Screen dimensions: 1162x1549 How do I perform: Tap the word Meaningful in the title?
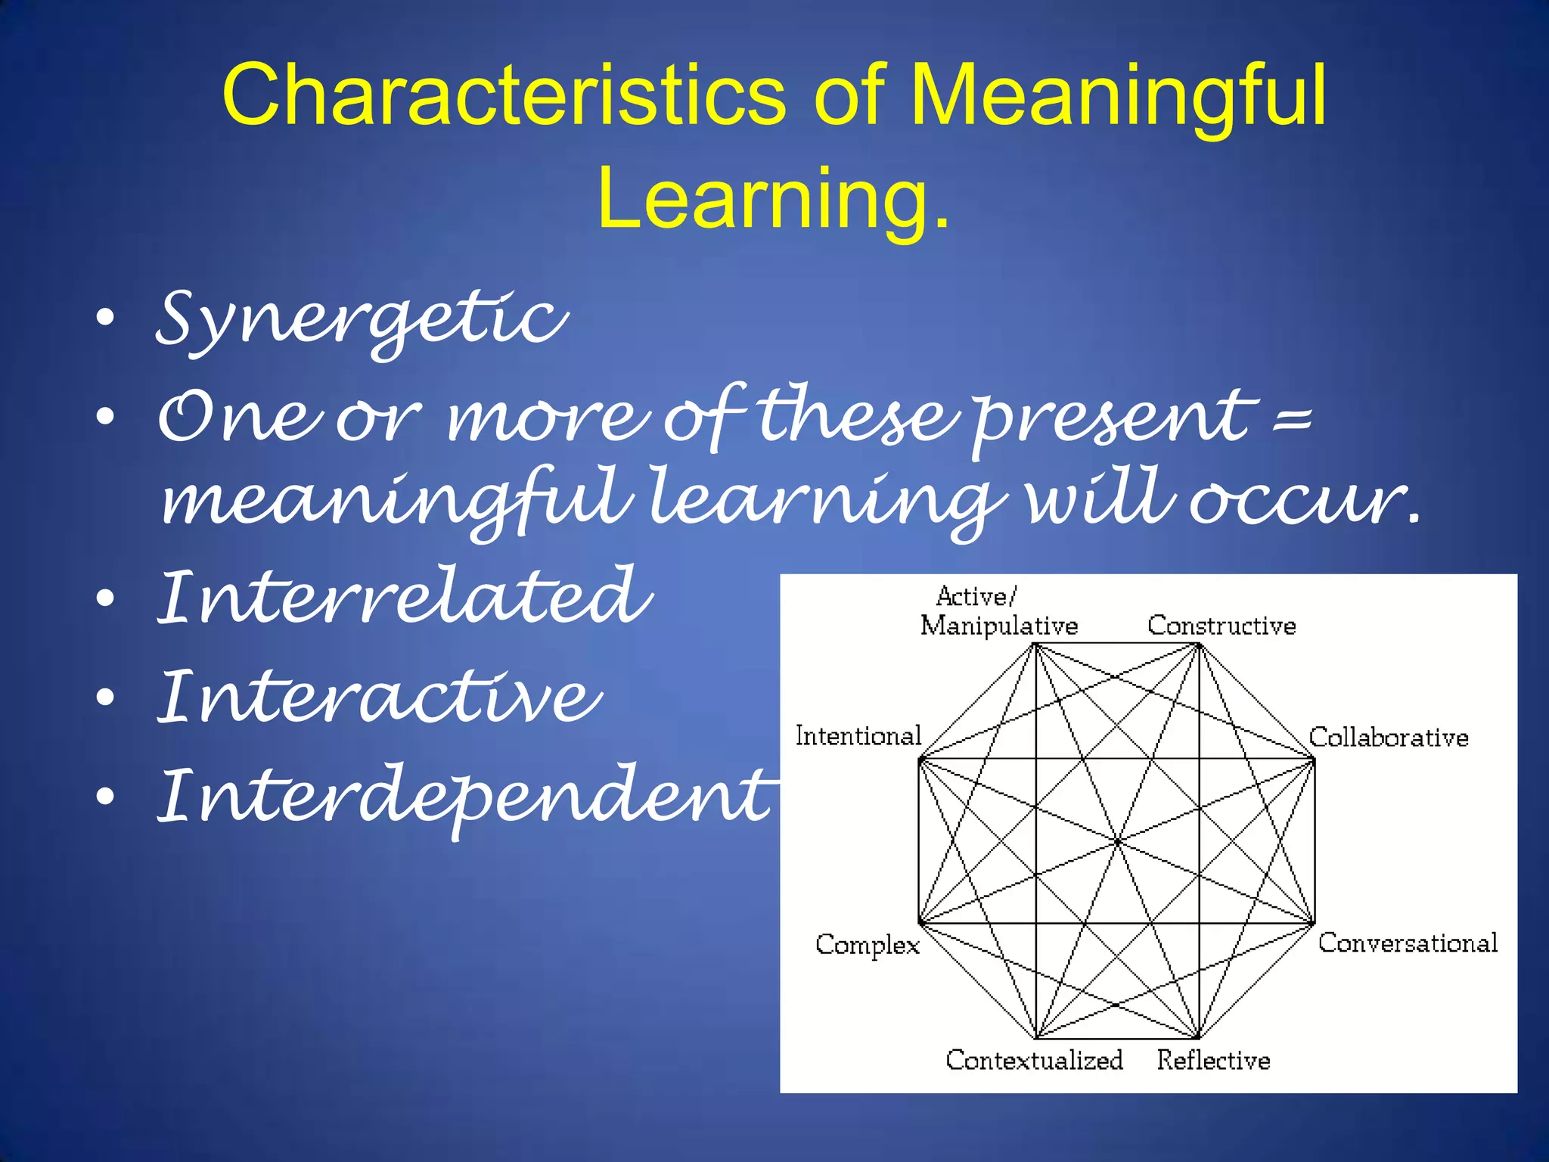[x=1117, y=96]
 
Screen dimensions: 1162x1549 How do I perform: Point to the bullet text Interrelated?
[x=405, y=598]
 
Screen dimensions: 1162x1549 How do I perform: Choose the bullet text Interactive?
[x=379, y=697]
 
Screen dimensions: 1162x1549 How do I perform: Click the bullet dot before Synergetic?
[x=106, y=318]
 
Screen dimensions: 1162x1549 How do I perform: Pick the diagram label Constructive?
[x=1221, y=626]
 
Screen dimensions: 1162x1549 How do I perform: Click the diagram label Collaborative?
[x=1388, y=737]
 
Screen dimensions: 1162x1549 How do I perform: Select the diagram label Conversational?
[x=1407, y=943]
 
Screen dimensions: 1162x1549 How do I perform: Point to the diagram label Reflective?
[x=1212, y=1060]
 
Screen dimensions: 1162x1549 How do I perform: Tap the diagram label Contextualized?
[x=1034, y=1060]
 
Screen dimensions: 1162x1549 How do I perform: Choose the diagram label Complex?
[x=867, y=945]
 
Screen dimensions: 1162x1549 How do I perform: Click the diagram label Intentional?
[x=858, y=735]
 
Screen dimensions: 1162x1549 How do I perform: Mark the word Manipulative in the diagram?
[x=998, y=626]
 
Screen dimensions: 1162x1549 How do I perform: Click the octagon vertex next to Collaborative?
[x=1314, y=760]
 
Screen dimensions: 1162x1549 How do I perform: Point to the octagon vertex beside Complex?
[x=920, y=923]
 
